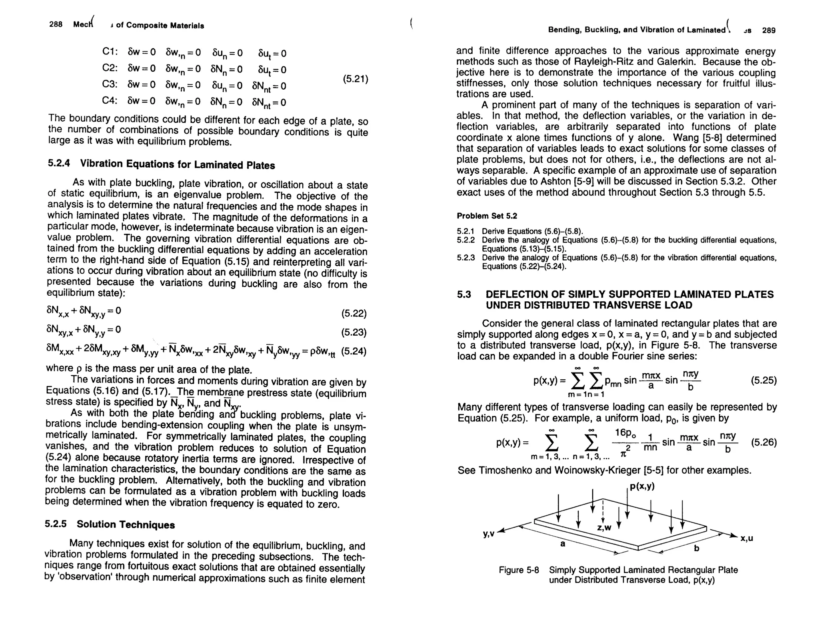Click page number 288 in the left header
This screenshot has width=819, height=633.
[56, 24]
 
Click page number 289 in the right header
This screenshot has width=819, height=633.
[768, 30]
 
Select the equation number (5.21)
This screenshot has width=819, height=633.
[355, 79]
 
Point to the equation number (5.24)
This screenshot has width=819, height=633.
[354, 351]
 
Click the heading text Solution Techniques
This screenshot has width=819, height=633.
[126, 525]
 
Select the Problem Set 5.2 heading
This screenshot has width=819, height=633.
[487, 216]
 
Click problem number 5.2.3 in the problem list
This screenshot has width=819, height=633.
[465, 258]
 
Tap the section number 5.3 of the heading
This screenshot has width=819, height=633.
[464, 295]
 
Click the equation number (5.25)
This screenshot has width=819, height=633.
[763, 380]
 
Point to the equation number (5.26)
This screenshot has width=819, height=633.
[763, 442]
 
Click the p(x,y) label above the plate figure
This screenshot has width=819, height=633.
[642, 486]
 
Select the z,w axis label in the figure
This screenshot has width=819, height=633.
[604, 528]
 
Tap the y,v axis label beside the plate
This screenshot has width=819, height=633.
[489, 533]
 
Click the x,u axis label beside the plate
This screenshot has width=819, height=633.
[747, 538]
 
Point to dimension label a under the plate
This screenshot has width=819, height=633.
[563, 544]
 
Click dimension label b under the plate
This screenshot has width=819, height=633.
[696, 548]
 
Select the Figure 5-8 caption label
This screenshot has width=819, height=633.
[519, 570]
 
